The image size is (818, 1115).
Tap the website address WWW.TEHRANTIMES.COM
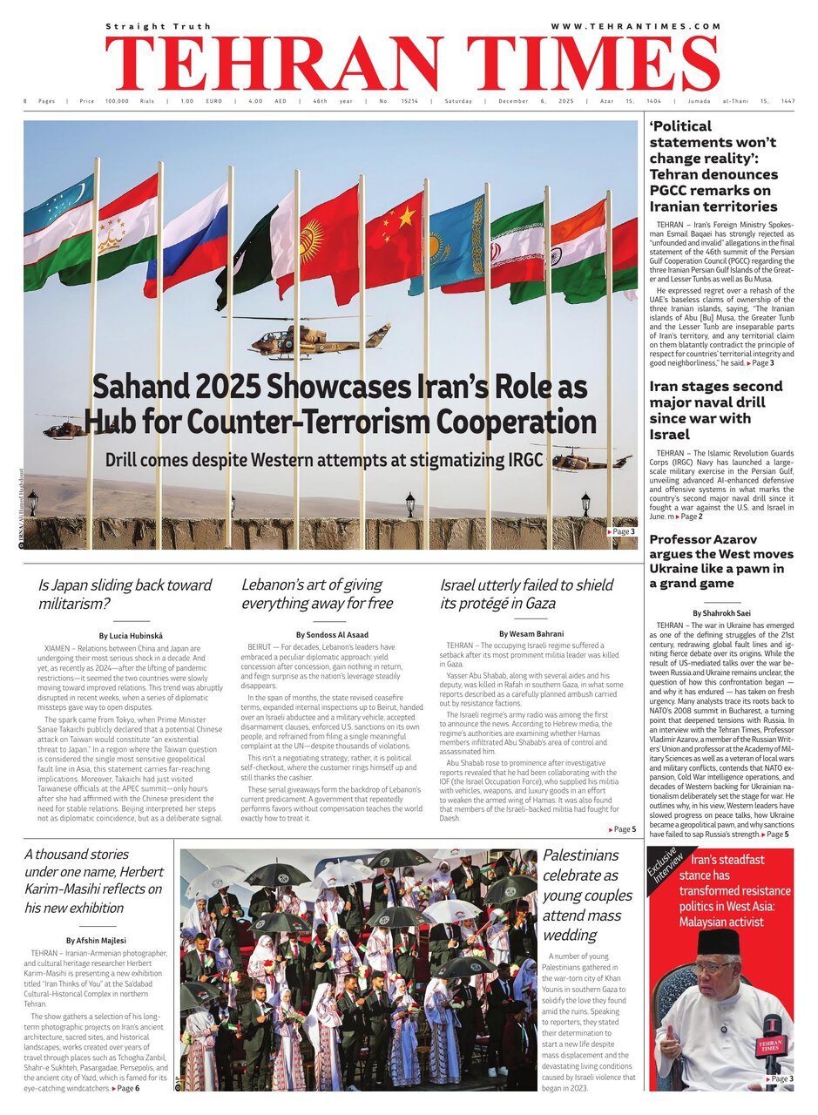(x=636, y=26)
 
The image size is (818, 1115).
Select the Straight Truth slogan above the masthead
(x=158, y=27)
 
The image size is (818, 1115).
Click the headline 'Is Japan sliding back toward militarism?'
(x=125, y=594)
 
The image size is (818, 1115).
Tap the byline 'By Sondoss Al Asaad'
(x=333, y=635)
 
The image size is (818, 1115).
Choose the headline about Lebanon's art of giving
(x=317, y=594)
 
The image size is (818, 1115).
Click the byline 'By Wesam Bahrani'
(x=531, y=633)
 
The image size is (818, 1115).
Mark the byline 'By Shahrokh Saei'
(x=721, y=613)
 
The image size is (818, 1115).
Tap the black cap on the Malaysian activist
(x=720, y=942)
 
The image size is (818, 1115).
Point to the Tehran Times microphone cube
(x=769, y=1046)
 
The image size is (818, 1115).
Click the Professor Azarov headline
(x=721, y=561)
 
